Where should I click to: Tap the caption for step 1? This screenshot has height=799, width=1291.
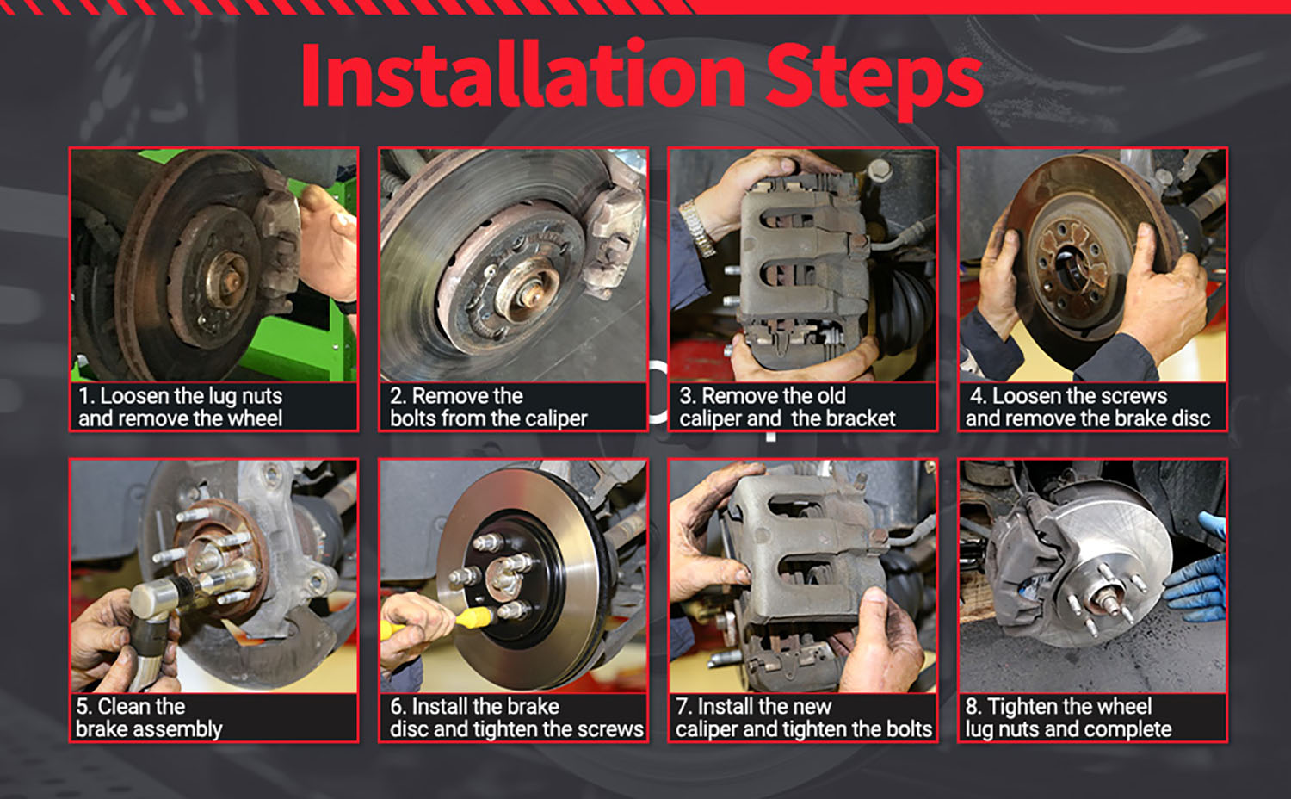tap(181, 407)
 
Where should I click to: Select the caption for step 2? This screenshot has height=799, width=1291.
tap(489, 407)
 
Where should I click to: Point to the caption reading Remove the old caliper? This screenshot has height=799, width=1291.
tap(788, 407)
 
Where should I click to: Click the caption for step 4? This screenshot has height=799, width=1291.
tap(1088, 407)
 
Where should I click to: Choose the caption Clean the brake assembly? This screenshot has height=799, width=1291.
tap(149, 718)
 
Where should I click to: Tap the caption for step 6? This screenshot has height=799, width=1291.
tap(516, 718)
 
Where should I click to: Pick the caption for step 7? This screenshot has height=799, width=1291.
tap(803, 718)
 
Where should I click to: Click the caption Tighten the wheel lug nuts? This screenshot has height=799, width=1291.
tap(1069, 718)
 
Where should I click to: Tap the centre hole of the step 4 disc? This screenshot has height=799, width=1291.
tap(1068, 263)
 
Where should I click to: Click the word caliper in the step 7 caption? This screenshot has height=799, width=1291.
tap(707, 729)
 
